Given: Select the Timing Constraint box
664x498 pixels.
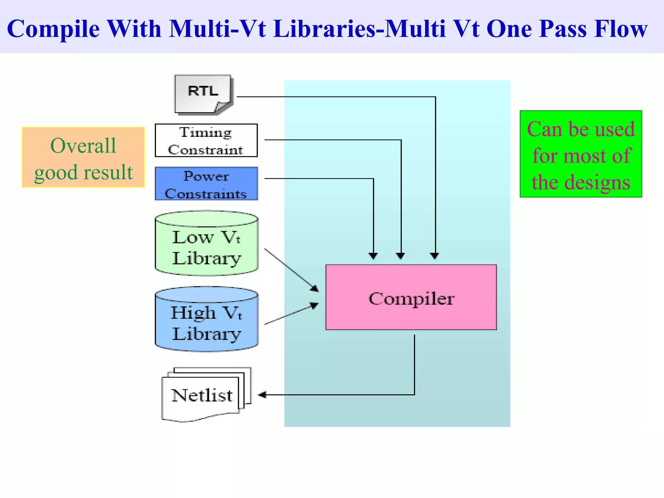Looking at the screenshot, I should tap(206, 140).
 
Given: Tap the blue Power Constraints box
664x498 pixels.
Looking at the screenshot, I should tap(206, 184).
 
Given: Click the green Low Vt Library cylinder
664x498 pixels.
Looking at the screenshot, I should tap(207, 244).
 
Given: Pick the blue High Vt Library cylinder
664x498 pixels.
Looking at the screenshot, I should tap(207, 319).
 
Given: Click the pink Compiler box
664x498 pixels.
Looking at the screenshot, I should tap(411, 297).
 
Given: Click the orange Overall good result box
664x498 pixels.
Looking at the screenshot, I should tap(83, 158).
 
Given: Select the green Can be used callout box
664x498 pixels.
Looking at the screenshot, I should tap(581, 154).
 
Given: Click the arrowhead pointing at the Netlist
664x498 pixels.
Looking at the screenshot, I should tap(262, 395).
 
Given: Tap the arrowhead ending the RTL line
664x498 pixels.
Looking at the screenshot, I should tap(435, 256).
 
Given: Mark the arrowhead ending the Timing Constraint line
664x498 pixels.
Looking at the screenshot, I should tap(401, 256).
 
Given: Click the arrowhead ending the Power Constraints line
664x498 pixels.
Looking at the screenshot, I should tap(373, 256).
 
